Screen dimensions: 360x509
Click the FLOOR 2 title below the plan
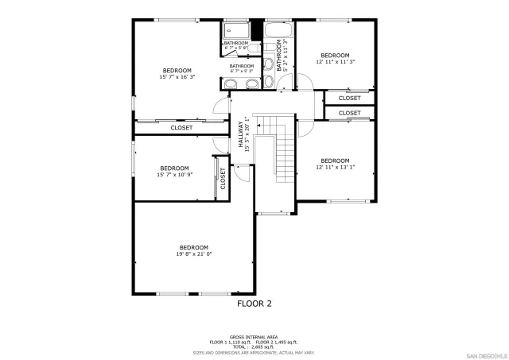pyautogui.click(x=254, y=304)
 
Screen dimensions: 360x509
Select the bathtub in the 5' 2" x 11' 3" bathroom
pyautogui.click(x=278, y=32)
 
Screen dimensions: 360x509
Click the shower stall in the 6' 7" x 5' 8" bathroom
pyautogui.click(x=236, y=31)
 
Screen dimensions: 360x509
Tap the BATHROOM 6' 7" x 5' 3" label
pyautogui.click(x=242, y=68)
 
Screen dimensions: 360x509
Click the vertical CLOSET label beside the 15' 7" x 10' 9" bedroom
pyautogui.click(x=223, y=178)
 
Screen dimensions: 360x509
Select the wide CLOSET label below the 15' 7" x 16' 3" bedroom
pyautogui.click(x=181, y=127)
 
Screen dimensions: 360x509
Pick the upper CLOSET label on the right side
pyautogui.click(x=349, y=98)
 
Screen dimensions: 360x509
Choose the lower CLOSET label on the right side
pyautogui.click(x=349, y=114)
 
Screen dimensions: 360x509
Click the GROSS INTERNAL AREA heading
pyautogui.click(x=254, y=336)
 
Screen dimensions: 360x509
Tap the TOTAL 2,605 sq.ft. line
pyautogui.click(x=254, y=346)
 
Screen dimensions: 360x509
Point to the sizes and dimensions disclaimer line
pyautogui.click(x=254, y=351)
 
